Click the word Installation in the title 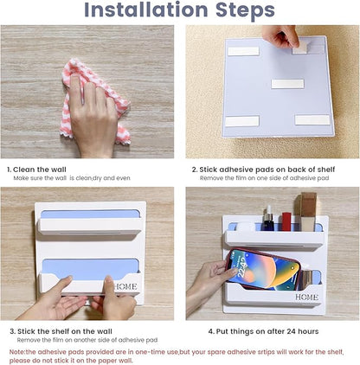[x=146, y=10]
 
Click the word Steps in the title [x=245, y=11]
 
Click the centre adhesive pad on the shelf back [x=287, y=84]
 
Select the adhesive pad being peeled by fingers [x=300, y=49]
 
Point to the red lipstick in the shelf [x=286, y=221]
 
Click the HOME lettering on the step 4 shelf [x=306, y=297]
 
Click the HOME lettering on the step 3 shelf [x=125, y=286]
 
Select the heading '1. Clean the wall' [x=36, y=170]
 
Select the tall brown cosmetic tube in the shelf [x=308, y=212]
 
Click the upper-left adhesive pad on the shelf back [x=244, y=51]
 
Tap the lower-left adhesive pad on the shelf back [x=242, y=121]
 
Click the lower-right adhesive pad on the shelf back [x=312, y=120]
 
